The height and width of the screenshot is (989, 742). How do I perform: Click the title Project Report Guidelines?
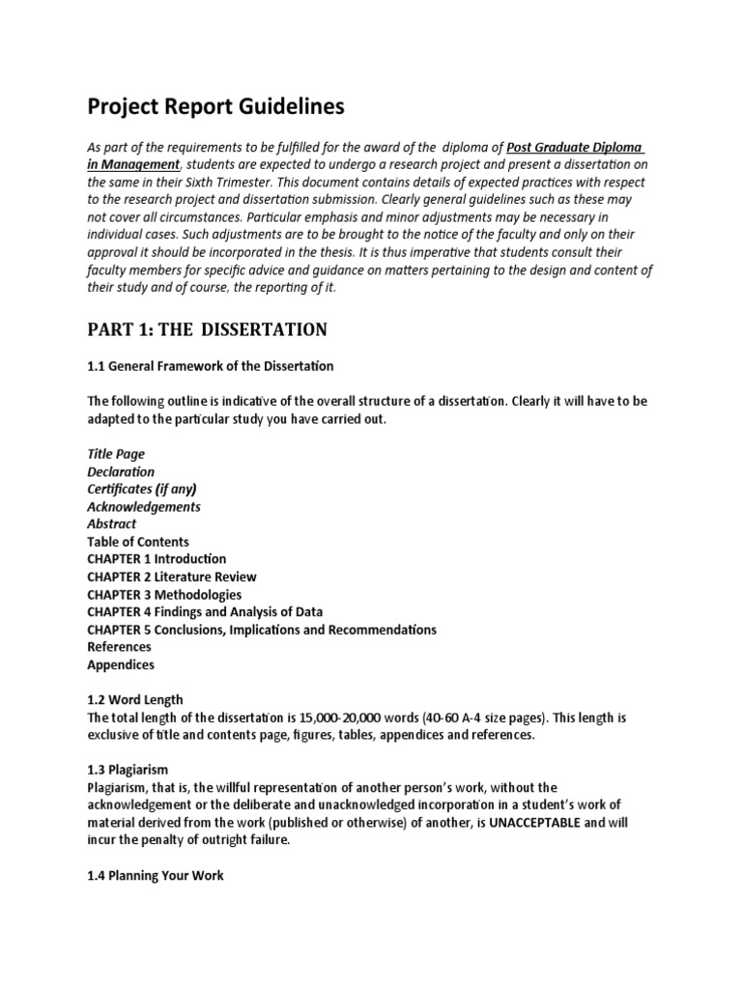(x=215, y=107)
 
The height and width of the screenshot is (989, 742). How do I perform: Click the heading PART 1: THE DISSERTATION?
(x=207, y=330)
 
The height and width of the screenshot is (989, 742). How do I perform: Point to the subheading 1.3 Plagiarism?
(x=128, y=770)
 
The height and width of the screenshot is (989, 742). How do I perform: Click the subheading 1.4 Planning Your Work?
(x=155, y=876)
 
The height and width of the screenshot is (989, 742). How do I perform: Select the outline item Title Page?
(x=116, y=454)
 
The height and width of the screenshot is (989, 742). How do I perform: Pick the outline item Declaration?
(x=121, y=471)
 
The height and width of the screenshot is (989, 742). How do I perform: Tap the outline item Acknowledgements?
(x=144, y=506)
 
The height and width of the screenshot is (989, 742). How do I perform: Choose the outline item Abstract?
(x=112, y=523)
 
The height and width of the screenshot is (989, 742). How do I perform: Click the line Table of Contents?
(x=138, y=542)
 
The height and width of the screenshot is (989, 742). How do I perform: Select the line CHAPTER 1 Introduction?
(x=157, y=559)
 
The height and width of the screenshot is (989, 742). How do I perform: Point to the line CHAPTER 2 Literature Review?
(x=172, y=577)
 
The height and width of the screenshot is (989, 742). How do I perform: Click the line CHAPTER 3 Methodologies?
(x=164, y=594)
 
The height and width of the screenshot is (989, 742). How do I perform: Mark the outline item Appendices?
(x=121, y=664)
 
